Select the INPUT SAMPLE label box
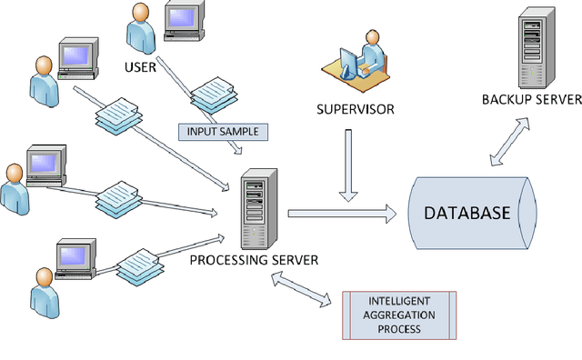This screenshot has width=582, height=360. click(223, 132)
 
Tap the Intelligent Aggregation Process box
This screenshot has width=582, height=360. click(400, 314)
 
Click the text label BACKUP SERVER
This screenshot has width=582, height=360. click(530, 98)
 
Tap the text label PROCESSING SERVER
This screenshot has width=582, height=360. click(254, 260)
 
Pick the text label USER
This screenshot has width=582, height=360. click(141, 66)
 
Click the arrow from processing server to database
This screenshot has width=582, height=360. click(342, 214)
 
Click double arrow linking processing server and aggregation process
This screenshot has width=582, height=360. click(304, 291)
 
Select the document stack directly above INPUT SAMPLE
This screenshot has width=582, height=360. click(215, 95)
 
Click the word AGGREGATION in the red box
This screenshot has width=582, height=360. click(400, 314)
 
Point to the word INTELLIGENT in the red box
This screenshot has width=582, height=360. click(400, 300)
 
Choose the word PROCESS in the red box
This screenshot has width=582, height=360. click(400, 328)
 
